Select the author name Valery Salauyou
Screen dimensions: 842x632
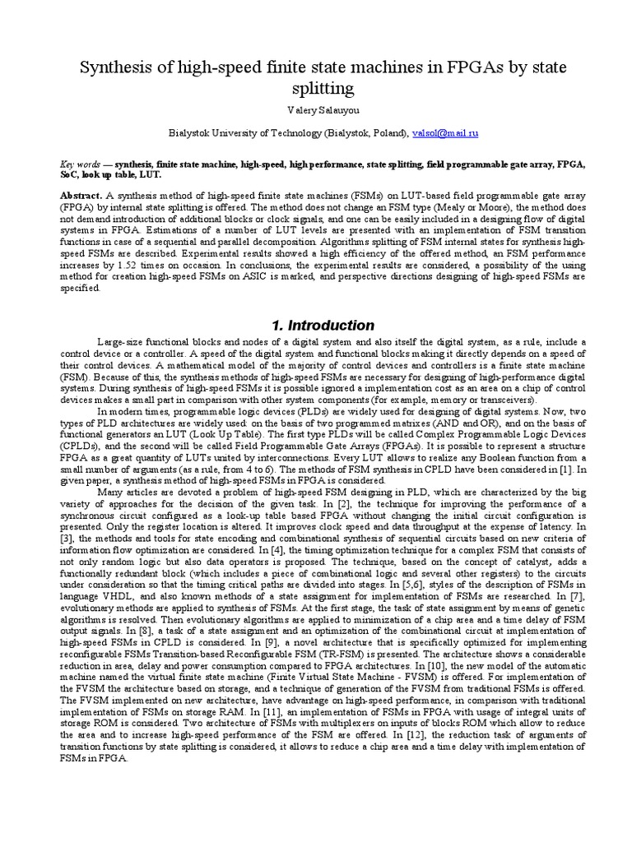tap(315, 110)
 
